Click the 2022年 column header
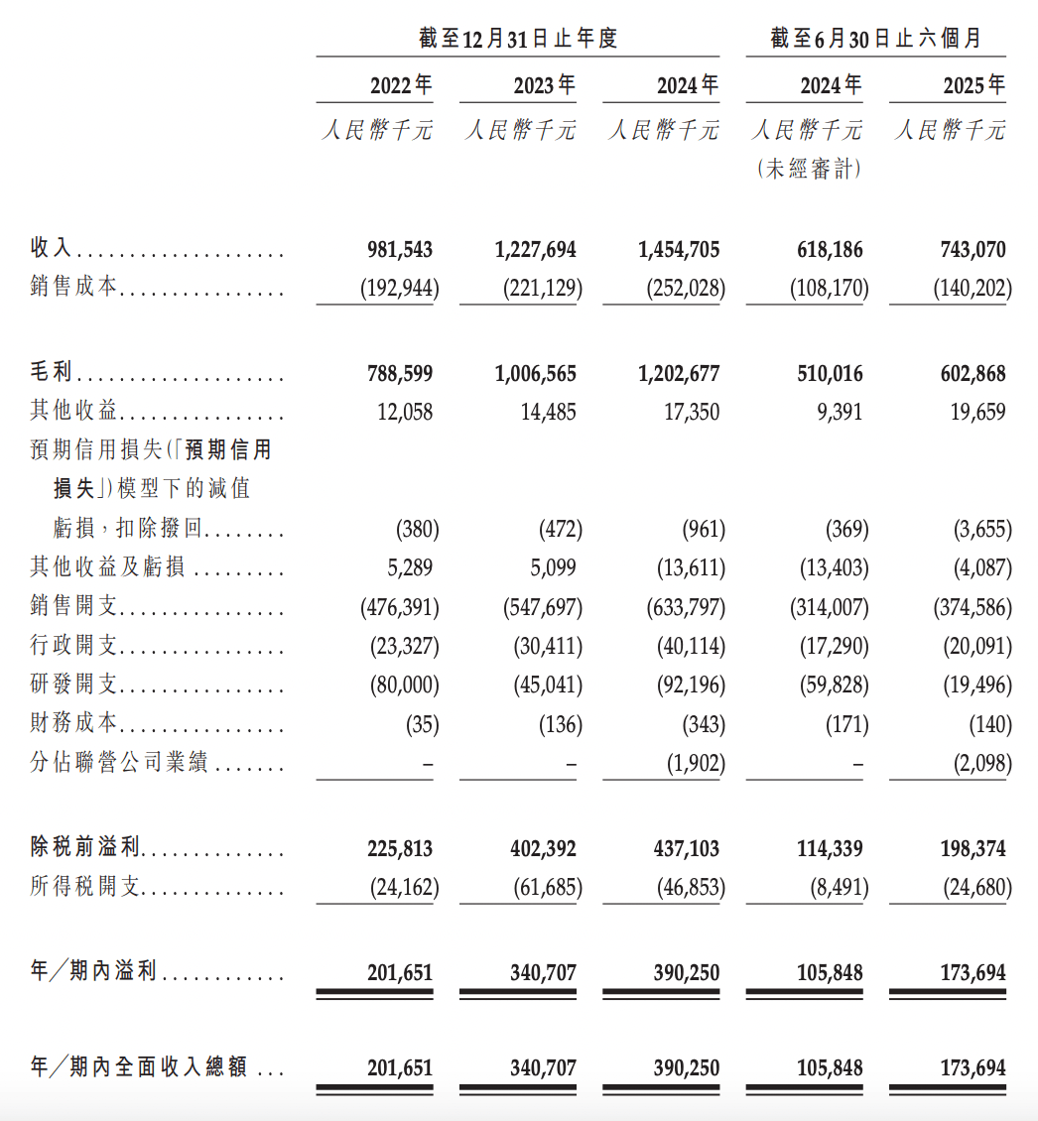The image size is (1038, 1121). (401, 85)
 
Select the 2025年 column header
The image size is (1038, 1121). (973, 85)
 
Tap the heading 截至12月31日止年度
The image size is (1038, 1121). (518, 38)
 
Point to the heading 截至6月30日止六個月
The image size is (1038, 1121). (875, 38)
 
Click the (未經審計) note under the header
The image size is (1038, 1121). (808, 170)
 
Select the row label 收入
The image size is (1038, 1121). (51, 248)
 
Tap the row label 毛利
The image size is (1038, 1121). (51, 373)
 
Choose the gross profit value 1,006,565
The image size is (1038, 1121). (535, 374)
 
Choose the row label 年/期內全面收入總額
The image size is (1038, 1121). (139, 1068)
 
